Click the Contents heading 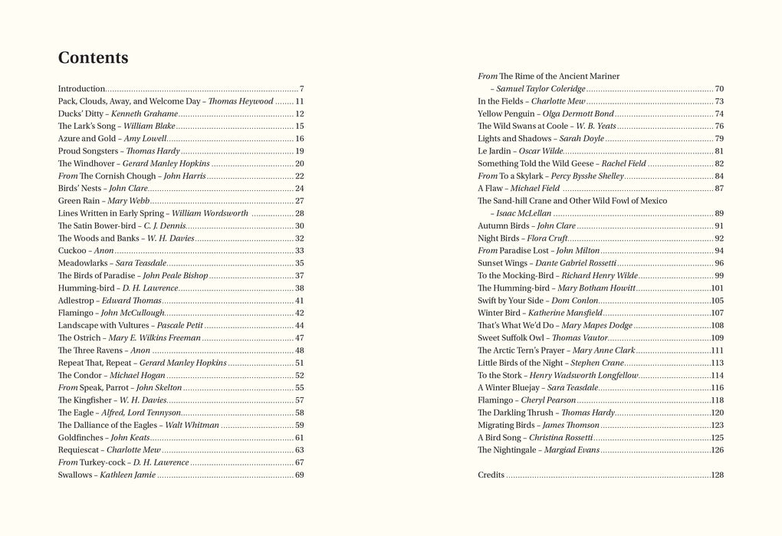click(93, 58)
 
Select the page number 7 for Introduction click(302, 89)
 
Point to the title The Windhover click(85, 163)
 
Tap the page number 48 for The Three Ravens click(299, 350)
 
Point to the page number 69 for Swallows click(299, 475)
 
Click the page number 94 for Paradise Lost click(718, 251)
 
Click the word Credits click(491, 475)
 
